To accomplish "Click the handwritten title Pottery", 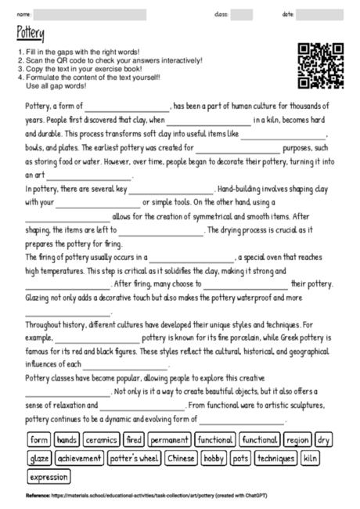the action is point(31,33).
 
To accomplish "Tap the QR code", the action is point(322,65).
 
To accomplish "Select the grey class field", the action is point(242,14).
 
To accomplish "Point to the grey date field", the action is point(320,14).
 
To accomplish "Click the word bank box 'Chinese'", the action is point(181,458).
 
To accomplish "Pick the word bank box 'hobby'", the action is point(214,458).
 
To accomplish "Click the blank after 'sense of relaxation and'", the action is point(143,406).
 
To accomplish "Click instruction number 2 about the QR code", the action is point(110,60).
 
